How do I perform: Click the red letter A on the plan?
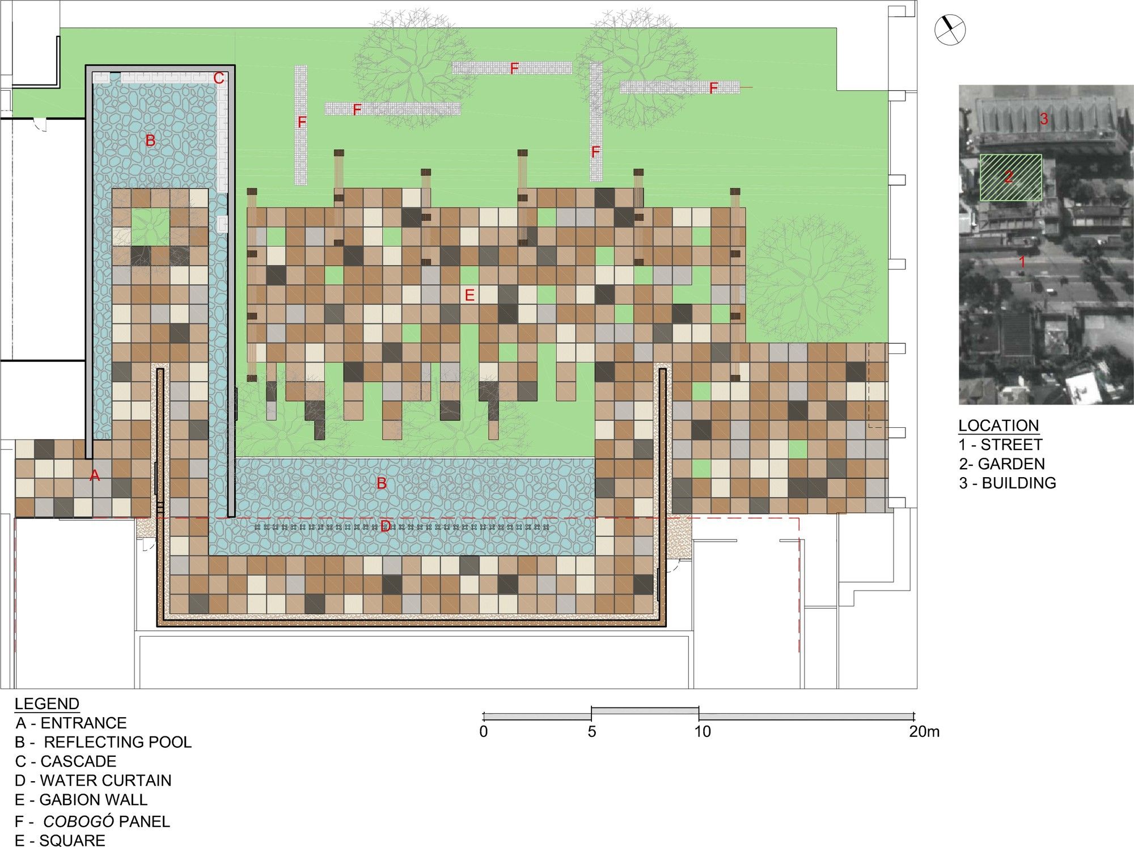click(x=95, y=475)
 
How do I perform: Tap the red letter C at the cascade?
click(x=219, y=78)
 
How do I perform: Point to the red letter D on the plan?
click(x=386, y=526)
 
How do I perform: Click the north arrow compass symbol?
click(x=950, y=30)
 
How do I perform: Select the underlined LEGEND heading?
click(x=47, y=704)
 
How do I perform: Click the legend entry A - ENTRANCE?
click(x=71, y=723)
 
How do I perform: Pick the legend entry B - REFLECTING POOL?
click(x=103, y=742)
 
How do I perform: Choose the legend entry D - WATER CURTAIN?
click(x=93, y=781)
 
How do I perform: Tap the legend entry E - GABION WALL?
click(x=81, y=800)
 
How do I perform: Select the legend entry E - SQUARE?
click(x=60, y=840)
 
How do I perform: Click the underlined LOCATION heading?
click(x=998, y=425)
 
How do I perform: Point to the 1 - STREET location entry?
click(x=1001, y=445)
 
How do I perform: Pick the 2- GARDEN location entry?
click(x=1002, y=464)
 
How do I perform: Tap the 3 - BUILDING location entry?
click(x=1008, y=483)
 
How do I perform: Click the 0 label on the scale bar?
click(x=484, y=731)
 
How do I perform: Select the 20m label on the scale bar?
click(x=924, y=731)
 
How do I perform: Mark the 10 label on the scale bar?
click(x=703, y=731)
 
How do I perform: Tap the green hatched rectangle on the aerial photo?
click(x=1011, y=178)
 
